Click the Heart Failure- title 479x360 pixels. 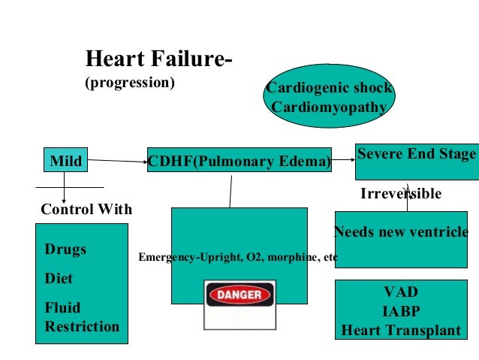click(158, 58)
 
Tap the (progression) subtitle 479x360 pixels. click(130, 82)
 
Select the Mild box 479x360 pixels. click(65, 160)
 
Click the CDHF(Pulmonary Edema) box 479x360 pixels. click(239, 161)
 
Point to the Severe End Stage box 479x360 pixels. click(416, 155)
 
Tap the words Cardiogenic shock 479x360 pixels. click(329, 89)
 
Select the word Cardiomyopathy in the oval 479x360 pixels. click(329, 107)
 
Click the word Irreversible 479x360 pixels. click(401, 194)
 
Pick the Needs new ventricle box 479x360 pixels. click(401, 231)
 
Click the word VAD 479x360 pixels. click(401, 292)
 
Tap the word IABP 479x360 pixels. click(401, 310)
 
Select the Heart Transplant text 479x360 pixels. click(401, 328)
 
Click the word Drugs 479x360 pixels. click(65, 250)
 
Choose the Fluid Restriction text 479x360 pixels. click(81, 317)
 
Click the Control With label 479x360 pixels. click(86, 209)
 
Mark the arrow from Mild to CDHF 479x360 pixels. click(117, 160)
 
